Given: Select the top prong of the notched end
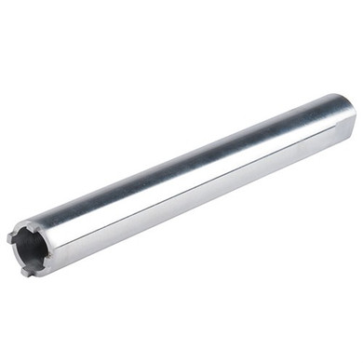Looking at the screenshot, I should point(33,223).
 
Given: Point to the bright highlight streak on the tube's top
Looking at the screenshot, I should point(186,149).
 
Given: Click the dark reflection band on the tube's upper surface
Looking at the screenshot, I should point(186,168).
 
